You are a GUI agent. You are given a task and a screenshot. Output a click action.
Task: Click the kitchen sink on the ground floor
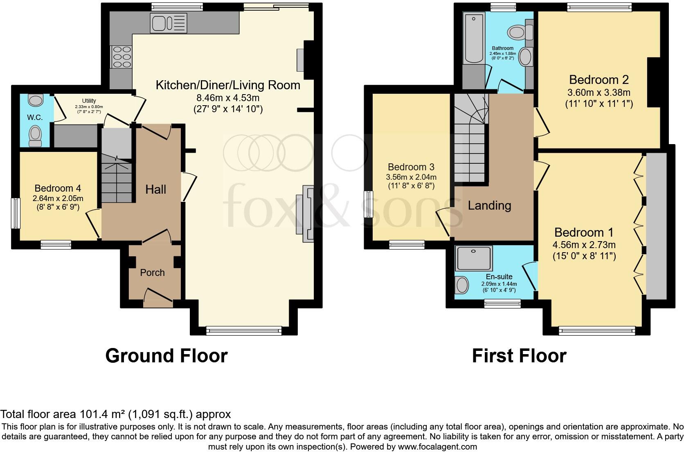click(x=168, y=23)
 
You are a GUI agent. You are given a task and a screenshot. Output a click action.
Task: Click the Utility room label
click(x=89, y=101)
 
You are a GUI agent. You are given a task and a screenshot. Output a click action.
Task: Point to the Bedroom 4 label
click(x=58, y=188)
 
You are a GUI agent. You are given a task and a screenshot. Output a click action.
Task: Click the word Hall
click(x=156, y=189)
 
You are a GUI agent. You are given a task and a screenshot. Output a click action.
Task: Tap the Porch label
click(x=152, y=273)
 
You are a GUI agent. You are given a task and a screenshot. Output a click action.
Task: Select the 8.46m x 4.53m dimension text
click(x=228, y=98)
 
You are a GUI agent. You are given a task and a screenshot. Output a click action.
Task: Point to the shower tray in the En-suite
click(x=475, y=258)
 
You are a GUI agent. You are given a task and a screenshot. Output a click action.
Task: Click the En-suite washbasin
click(x=462, y=285)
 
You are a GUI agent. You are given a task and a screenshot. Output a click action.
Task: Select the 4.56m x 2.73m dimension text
click(x=585, y=245)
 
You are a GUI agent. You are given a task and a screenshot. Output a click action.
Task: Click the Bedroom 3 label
click(x=411, y=167)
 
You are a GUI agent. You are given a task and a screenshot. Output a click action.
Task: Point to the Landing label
click(x=489, y=205)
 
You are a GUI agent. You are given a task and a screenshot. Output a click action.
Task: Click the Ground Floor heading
click(x=166, y=355)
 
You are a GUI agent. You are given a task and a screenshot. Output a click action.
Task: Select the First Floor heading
click(x=519, y=355)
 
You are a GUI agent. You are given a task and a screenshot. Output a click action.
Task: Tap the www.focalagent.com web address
click(x=436, y=446)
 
